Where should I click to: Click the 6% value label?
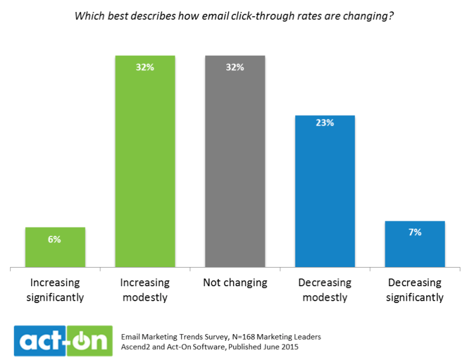coord(55,239)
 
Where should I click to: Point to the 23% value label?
coord(325,122)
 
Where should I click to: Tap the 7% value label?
coord(415,232)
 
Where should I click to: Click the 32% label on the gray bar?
coord(235,67)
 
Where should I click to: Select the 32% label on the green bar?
coord(145,67)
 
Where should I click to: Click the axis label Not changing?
coord(235,283)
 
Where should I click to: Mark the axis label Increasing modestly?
coord(145,289)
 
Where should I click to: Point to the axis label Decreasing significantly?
coord(415,289)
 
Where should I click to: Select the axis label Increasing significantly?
coord(55,289)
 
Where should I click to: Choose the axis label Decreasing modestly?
coord(325,289)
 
